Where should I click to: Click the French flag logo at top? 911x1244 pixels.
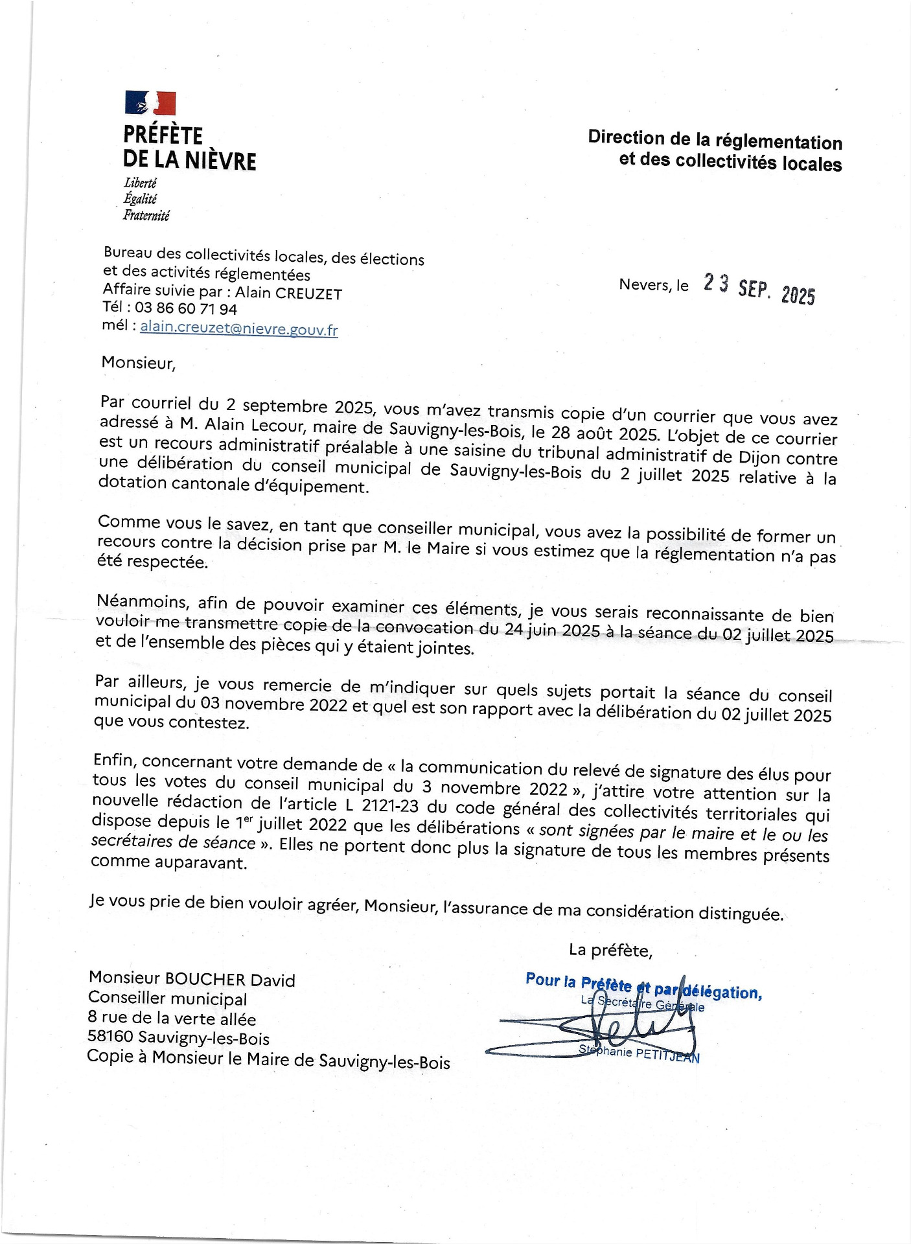click(150, 103)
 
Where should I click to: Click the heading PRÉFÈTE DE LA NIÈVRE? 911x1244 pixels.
click(189, 148)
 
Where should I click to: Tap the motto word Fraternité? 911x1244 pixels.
click(146, 215)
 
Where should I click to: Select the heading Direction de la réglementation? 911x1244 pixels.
click(715, 140)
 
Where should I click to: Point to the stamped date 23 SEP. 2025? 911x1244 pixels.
click(759, 288)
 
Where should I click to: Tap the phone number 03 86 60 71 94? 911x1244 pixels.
click(185, 308)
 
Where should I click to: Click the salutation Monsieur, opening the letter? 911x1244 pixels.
click(138, 363)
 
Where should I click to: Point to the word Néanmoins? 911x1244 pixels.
click(143, 602)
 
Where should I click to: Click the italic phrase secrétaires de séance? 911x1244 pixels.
click(173, 842)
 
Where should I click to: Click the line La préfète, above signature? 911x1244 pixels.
click(610, 950)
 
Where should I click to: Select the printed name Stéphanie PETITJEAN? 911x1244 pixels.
click(639, 1054)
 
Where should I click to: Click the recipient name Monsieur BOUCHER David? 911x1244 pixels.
click(192, 979)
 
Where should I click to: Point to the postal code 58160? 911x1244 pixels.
click(110, 1037)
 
